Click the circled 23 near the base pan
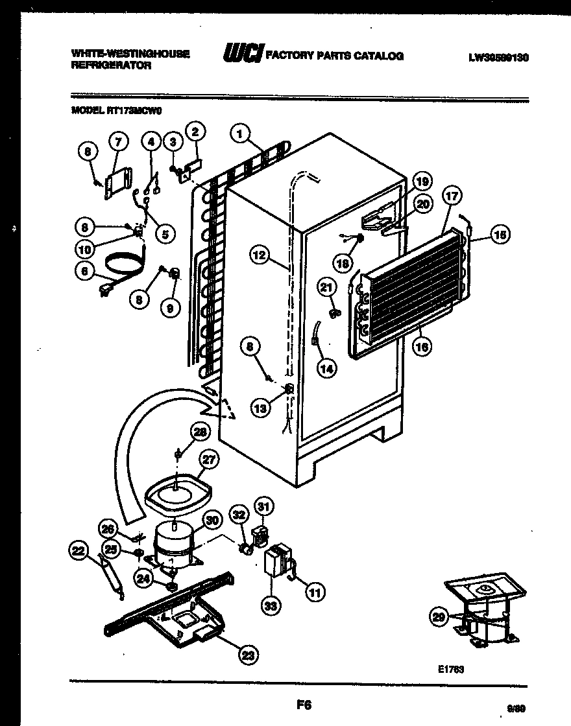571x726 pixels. coord(247,656)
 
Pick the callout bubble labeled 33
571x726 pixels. coord(270,606)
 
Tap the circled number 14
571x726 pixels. coord(327,368)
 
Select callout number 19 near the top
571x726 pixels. coord(422,181)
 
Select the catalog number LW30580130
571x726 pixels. coord(498,57)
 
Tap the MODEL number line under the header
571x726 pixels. coord(116,110)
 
